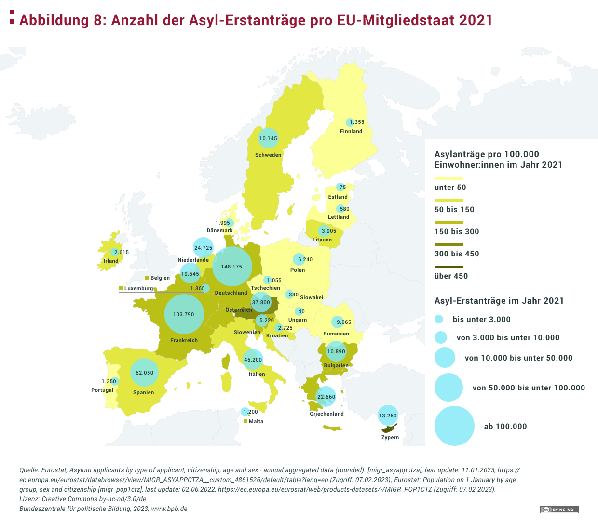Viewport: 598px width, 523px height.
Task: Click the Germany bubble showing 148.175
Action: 232,267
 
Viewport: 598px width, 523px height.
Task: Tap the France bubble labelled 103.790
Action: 184,314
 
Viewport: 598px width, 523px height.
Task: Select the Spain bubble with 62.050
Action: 144,373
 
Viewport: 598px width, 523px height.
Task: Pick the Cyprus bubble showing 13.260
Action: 388,416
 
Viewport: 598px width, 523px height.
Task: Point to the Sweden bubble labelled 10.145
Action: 268,138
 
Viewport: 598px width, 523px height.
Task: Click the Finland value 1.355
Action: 357,122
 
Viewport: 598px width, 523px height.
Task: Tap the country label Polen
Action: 298,270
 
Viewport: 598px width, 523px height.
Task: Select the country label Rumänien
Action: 336,334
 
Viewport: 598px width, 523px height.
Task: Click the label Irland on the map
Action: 111,261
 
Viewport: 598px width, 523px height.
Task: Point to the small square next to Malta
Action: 245,421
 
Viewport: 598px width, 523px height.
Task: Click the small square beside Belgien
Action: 147,278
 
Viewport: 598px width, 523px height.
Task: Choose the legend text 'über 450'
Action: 451,276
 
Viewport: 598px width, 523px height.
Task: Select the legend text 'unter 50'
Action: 450,188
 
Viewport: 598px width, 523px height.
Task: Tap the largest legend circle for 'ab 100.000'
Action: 454,426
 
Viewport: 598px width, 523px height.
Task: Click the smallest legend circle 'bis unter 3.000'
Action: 439,319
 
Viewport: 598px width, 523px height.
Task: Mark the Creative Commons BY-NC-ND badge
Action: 559,510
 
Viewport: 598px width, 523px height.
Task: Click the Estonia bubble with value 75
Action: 341,187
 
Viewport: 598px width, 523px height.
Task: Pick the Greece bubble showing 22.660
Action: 326,397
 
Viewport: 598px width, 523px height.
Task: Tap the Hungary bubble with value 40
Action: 300,311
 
